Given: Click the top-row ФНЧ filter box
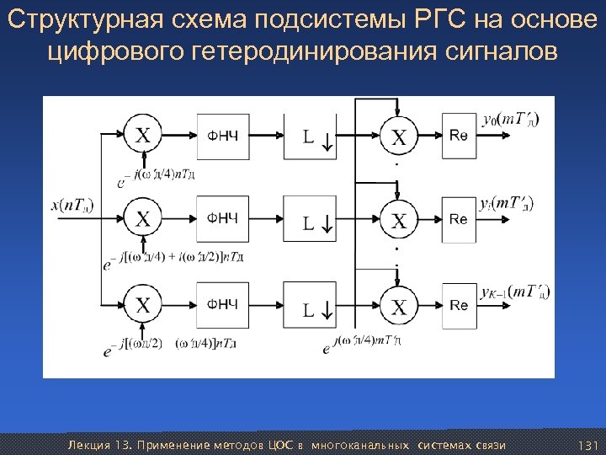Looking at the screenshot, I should click(x=223, y=135).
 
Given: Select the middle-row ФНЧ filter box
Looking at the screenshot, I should click(x=223, y=219).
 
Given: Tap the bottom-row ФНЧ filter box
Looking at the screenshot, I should click(x=223, y=304).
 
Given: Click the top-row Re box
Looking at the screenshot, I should click(x=459, y=135).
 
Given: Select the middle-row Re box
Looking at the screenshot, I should click(x=459, y=219).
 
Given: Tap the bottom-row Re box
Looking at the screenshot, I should click(x=459, y=304).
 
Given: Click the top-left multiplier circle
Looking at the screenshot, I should click(x=145, y=135).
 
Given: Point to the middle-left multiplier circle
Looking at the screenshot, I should click(x=145, y=219).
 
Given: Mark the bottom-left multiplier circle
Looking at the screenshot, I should click(x=145, y=304).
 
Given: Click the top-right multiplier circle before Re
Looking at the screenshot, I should click(x=399, y=136).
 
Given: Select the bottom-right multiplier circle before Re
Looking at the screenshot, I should click(x=399, y=305).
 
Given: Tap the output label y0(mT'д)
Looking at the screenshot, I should click(x=511, y=119).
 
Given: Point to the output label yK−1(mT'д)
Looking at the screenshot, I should click(x=514, y=292).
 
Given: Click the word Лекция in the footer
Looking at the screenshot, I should click(x=87, y=444).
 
